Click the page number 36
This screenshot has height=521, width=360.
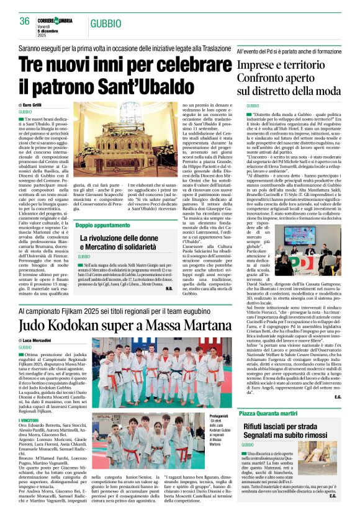click(x=25, y=21)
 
